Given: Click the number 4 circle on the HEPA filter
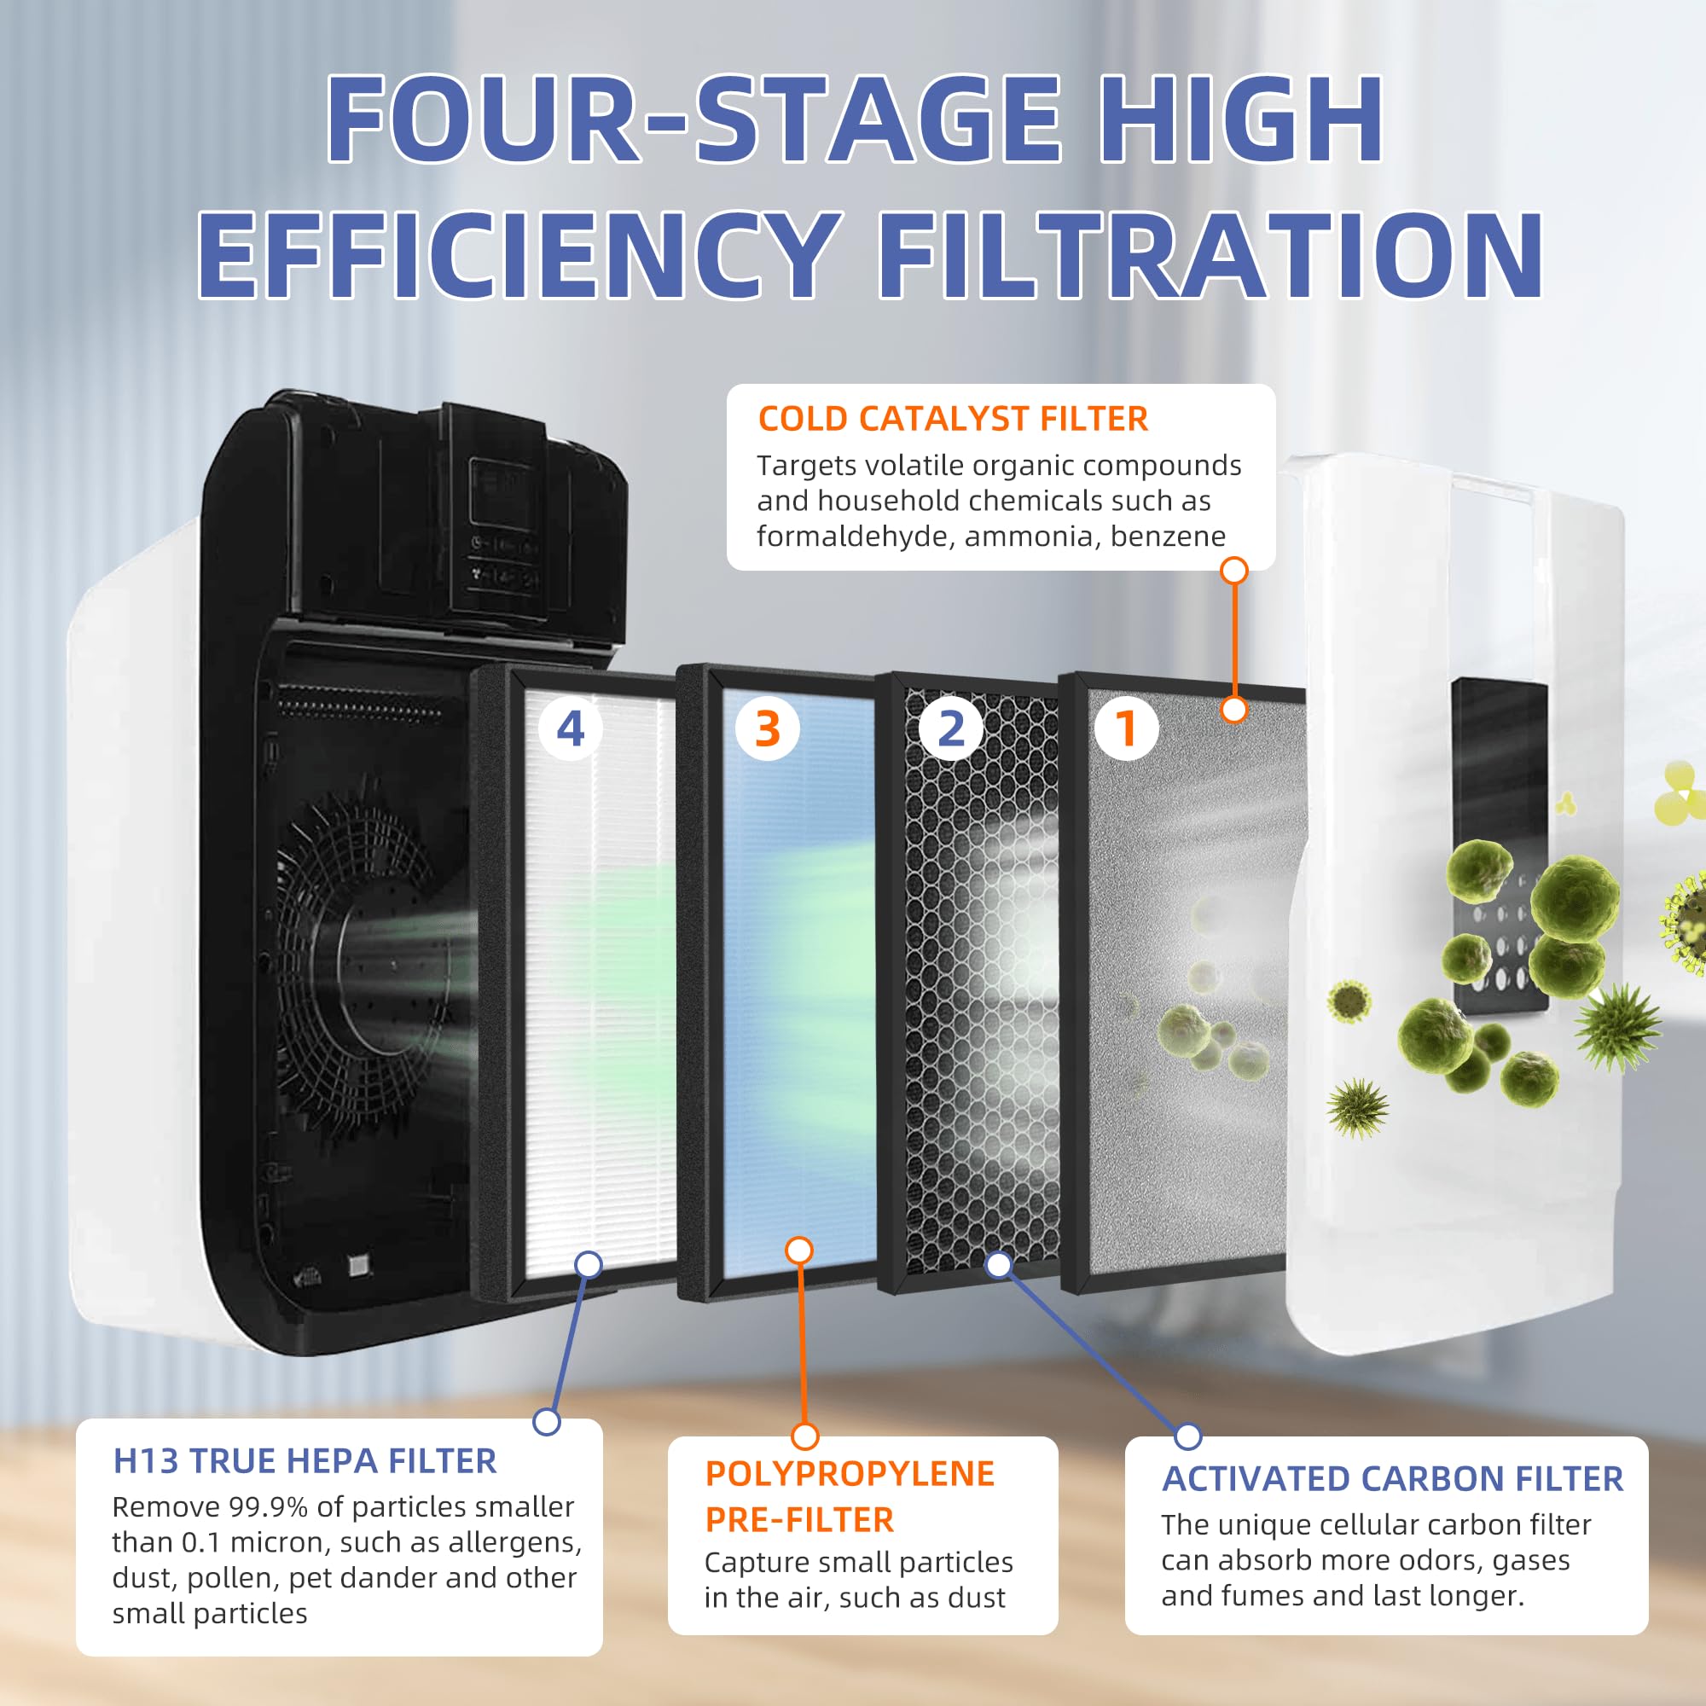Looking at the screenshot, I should [571, 728].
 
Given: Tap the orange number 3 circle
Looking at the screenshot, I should [768, 728].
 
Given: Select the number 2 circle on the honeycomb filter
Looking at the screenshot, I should [950, 728].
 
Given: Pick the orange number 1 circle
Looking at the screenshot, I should [1126, 728].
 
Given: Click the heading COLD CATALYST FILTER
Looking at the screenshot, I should [953, 419].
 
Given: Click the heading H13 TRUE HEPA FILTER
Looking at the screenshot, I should [305, 1460].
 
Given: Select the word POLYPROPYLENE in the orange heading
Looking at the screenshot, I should [850, 1473].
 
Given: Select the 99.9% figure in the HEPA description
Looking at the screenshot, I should [269, 1506].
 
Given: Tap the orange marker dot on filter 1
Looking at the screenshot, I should [1233, 709].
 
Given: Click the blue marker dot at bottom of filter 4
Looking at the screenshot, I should [588, 1264].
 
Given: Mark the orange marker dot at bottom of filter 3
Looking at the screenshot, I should [799, 1250].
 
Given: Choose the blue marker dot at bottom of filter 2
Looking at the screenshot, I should [999, 1264].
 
